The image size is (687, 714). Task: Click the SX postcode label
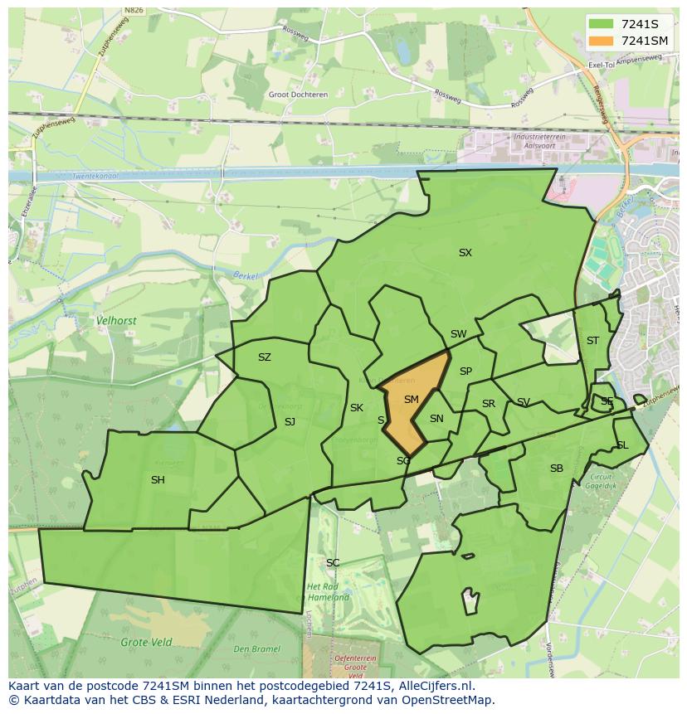465,253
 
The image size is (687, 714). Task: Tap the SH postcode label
158,480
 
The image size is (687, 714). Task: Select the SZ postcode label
264,357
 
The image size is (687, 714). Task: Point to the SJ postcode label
290,422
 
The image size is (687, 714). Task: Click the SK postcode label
357,408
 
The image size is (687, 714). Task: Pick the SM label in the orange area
411,400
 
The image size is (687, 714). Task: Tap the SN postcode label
436,419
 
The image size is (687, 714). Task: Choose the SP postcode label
465,372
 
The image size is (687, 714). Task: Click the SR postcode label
489,404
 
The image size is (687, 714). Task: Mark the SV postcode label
524,402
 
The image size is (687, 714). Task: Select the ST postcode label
592,341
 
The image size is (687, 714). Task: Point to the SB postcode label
556,469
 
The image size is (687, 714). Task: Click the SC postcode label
333,563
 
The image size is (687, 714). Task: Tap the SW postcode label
458,334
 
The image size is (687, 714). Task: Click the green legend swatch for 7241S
601,23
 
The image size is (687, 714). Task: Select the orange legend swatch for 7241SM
601,41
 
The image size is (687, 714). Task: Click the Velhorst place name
116,319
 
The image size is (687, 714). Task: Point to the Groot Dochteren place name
298,95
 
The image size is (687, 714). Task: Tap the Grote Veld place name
146,642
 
